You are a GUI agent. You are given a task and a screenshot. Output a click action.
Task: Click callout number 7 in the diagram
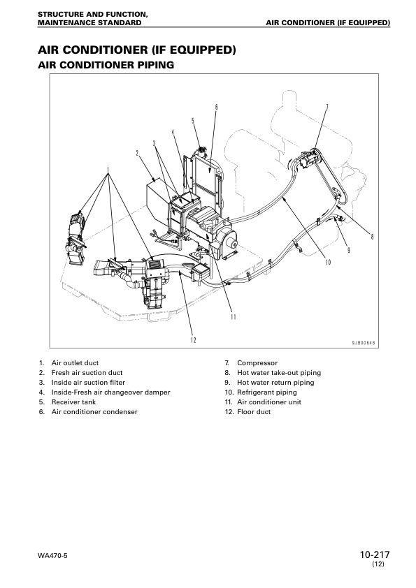pyautogui.click(x=327, y=106)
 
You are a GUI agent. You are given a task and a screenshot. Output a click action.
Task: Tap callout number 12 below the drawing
pyautogui.click(x=193, y=340)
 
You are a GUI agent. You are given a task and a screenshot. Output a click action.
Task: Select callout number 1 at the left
pyautogui.click(x=108, y=169)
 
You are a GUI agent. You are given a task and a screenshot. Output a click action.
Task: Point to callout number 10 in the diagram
pyautogui.click(x=327, y=263)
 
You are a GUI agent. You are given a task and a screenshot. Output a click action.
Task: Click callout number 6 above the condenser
pyautogui.click(x=217, y=107)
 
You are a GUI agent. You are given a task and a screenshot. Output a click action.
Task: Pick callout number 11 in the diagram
pyautogui.click(x=234, y=316)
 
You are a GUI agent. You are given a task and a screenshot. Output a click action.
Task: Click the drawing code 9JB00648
pyautogui.click(x=364, y=342)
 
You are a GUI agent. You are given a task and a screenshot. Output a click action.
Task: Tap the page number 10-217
pyautogui.click(x=375, y=556)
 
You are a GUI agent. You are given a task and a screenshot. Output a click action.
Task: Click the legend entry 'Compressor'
pyautogui.click(x=257, y=363)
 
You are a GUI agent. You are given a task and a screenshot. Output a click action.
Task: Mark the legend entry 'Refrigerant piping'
pyautogui.click(x=266, y=392)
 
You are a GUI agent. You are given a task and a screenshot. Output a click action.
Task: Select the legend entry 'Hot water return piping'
pyautogui.click(x=275, y=383)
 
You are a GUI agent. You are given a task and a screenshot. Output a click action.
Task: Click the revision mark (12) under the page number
pyautogui.click(x=378, y=564)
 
